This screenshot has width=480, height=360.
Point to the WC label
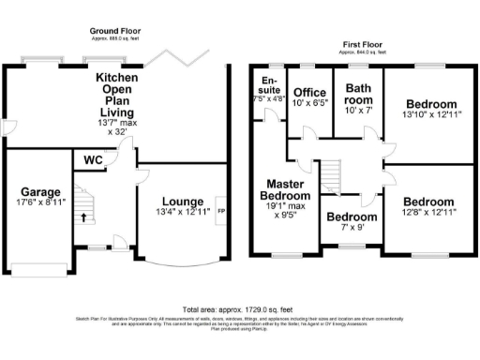[93, 161]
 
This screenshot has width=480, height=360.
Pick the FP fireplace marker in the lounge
[221, 211]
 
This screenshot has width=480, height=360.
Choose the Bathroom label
[359, 95]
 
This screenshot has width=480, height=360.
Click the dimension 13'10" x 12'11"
[431, 115]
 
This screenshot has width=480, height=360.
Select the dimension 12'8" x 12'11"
[428, 214]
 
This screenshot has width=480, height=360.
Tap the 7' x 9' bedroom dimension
[351, 228]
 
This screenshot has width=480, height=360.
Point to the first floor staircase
[331, 174]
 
